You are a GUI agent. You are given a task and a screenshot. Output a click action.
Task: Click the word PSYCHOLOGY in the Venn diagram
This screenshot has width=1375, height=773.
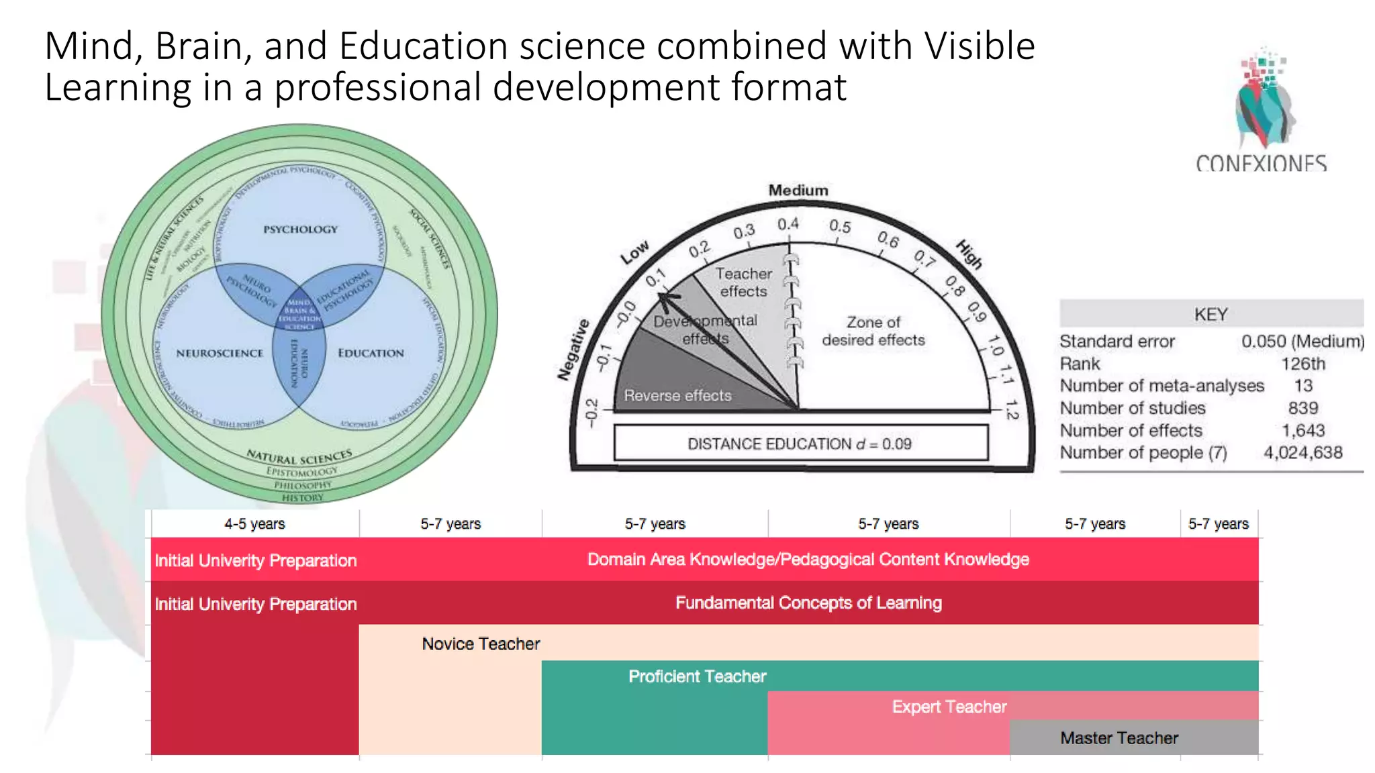click(x=300, y=229)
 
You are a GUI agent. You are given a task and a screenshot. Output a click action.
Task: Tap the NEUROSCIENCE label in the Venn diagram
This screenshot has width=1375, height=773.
click(x=220, y=354)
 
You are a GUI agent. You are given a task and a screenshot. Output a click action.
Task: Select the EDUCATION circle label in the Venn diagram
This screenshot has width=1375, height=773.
click(x=371, y=354)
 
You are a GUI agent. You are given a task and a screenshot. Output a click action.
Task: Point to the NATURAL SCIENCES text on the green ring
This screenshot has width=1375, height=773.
click(x=299, y=457)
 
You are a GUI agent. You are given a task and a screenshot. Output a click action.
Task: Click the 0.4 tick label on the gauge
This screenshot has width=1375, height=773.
click(x=788, y=224)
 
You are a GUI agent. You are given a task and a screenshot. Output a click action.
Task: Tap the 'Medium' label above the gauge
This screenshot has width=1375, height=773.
click(x=798, y=191)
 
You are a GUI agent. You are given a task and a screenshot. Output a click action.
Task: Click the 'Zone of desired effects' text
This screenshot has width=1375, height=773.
click(x=873, y=331)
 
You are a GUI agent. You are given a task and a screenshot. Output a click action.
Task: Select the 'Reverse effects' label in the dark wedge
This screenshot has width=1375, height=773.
click(x=677, y=396)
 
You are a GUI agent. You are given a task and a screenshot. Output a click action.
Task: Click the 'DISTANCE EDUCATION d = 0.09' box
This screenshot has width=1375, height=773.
click(x=800, y=444)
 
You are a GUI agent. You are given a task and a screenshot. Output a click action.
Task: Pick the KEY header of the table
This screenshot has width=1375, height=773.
click(x=1211, y=314)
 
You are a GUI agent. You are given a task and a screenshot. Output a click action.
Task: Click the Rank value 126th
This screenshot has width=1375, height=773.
click(x=1302, y=364)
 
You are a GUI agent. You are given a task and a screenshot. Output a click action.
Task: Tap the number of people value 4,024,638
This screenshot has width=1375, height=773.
click(x=1302, y=453)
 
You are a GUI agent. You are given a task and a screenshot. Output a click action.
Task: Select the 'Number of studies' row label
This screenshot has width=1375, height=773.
click(x=1132, y=408)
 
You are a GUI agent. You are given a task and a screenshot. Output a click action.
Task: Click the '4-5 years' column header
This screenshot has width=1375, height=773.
click(x=254, y=524)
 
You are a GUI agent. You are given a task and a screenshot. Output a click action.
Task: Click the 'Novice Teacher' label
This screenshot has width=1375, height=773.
click(x=481, y=644)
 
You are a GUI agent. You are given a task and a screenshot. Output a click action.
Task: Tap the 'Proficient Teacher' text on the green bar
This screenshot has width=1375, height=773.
click(x=697, y=676)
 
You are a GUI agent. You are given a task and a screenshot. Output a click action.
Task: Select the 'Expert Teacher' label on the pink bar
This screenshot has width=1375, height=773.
click(x=949, y=707)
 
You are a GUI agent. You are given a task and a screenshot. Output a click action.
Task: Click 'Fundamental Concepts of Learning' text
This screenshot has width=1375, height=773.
click(x=808, y=603)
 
